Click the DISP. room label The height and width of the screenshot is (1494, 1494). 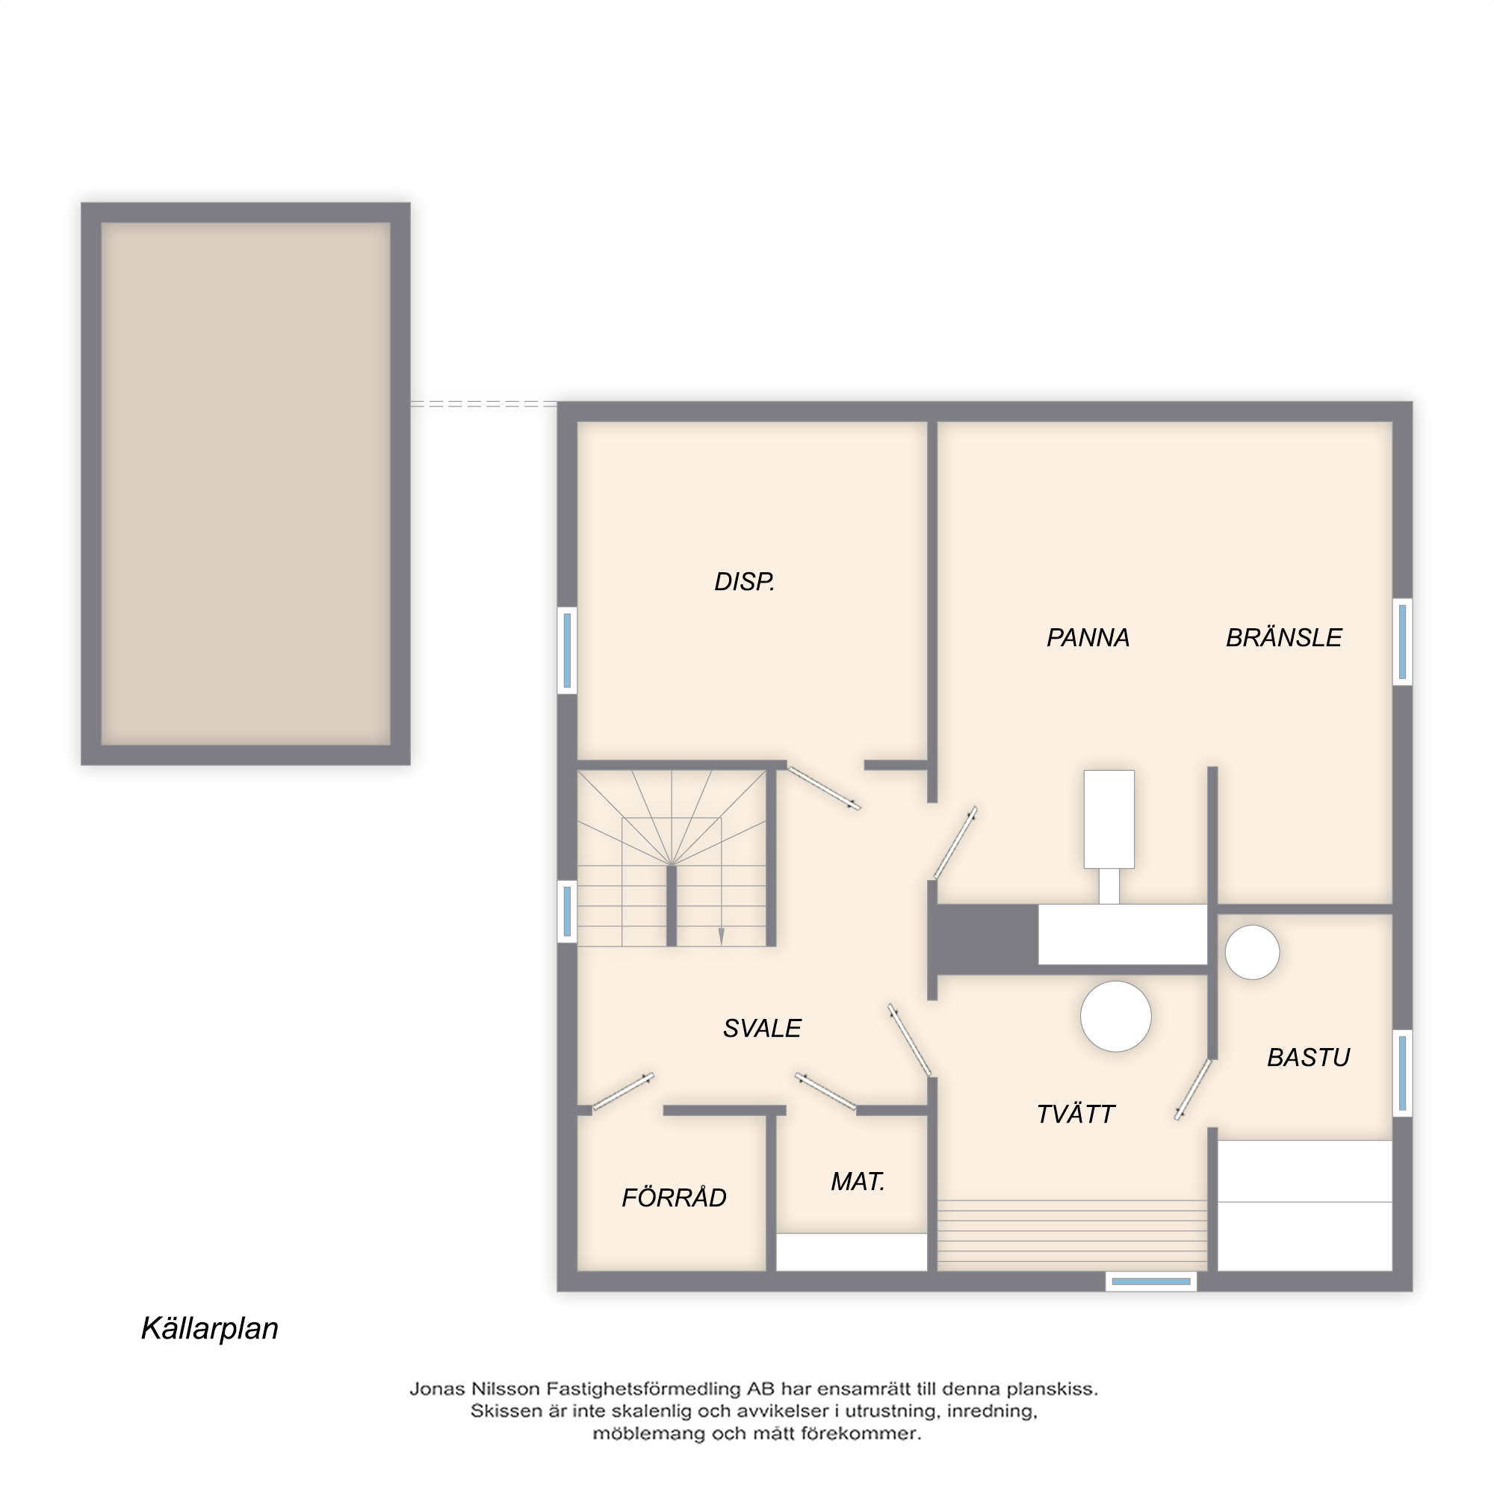point(744,581)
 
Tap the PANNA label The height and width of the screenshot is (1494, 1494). point(1088,637)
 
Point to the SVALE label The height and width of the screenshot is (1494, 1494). point(762,1028)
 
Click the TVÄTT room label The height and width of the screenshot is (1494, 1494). point(1075,1114)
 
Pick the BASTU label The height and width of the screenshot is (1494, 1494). point(1309,1057)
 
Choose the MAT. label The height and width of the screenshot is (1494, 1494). point(858,1181)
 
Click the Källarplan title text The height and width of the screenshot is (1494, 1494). point(210,1327)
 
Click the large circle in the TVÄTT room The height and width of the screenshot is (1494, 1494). point(1115,1016)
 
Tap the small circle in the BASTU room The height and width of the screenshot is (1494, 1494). point(1252,952)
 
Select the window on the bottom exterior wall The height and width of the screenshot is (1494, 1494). point(1150,1281)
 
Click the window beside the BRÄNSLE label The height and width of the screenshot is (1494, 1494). point(1402,642)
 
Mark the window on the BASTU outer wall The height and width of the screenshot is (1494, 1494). point(1402,1073)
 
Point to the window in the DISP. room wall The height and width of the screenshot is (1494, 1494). point(567,650)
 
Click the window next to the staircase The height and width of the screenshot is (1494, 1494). point(567,911)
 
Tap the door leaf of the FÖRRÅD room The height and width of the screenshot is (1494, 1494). point(623,1092)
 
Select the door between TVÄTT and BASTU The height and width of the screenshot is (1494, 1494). point(1193,1090)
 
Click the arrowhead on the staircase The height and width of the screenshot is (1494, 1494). point(722,937)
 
